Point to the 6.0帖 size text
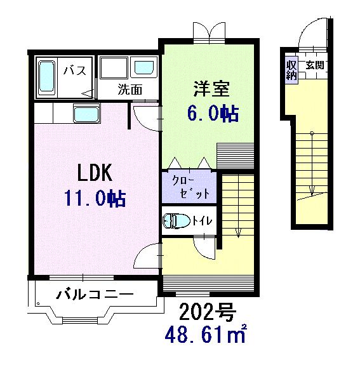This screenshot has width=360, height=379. click(x=212, y=113)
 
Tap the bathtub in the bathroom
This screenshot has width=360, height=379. click(x=47, y=77)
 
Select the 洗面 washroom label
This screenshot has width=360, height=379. click(x=129, y=90)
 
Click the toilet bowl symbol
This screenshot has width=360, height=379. click(x=176, y=220)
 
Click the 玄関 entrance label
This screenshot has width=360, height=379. click(x=314, y=64)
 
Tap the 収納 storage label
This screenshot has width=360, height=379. click(x=291, y=69)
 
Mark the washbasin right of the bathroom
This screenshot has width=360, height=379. click(x=143, y=68)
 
